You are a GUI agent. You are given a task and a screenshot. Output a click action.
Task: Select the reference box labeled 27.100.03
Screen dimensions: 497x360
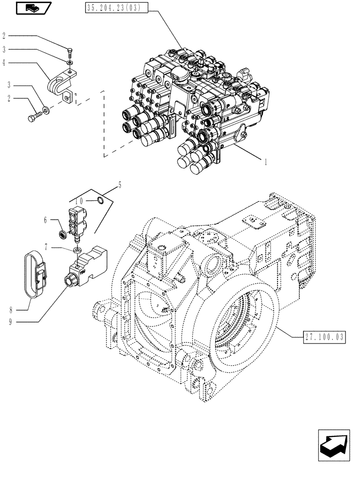[323, 338]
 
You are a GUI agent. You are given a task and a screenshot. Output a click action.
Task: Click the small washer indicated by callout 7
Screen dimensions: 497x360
[77, 248]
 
